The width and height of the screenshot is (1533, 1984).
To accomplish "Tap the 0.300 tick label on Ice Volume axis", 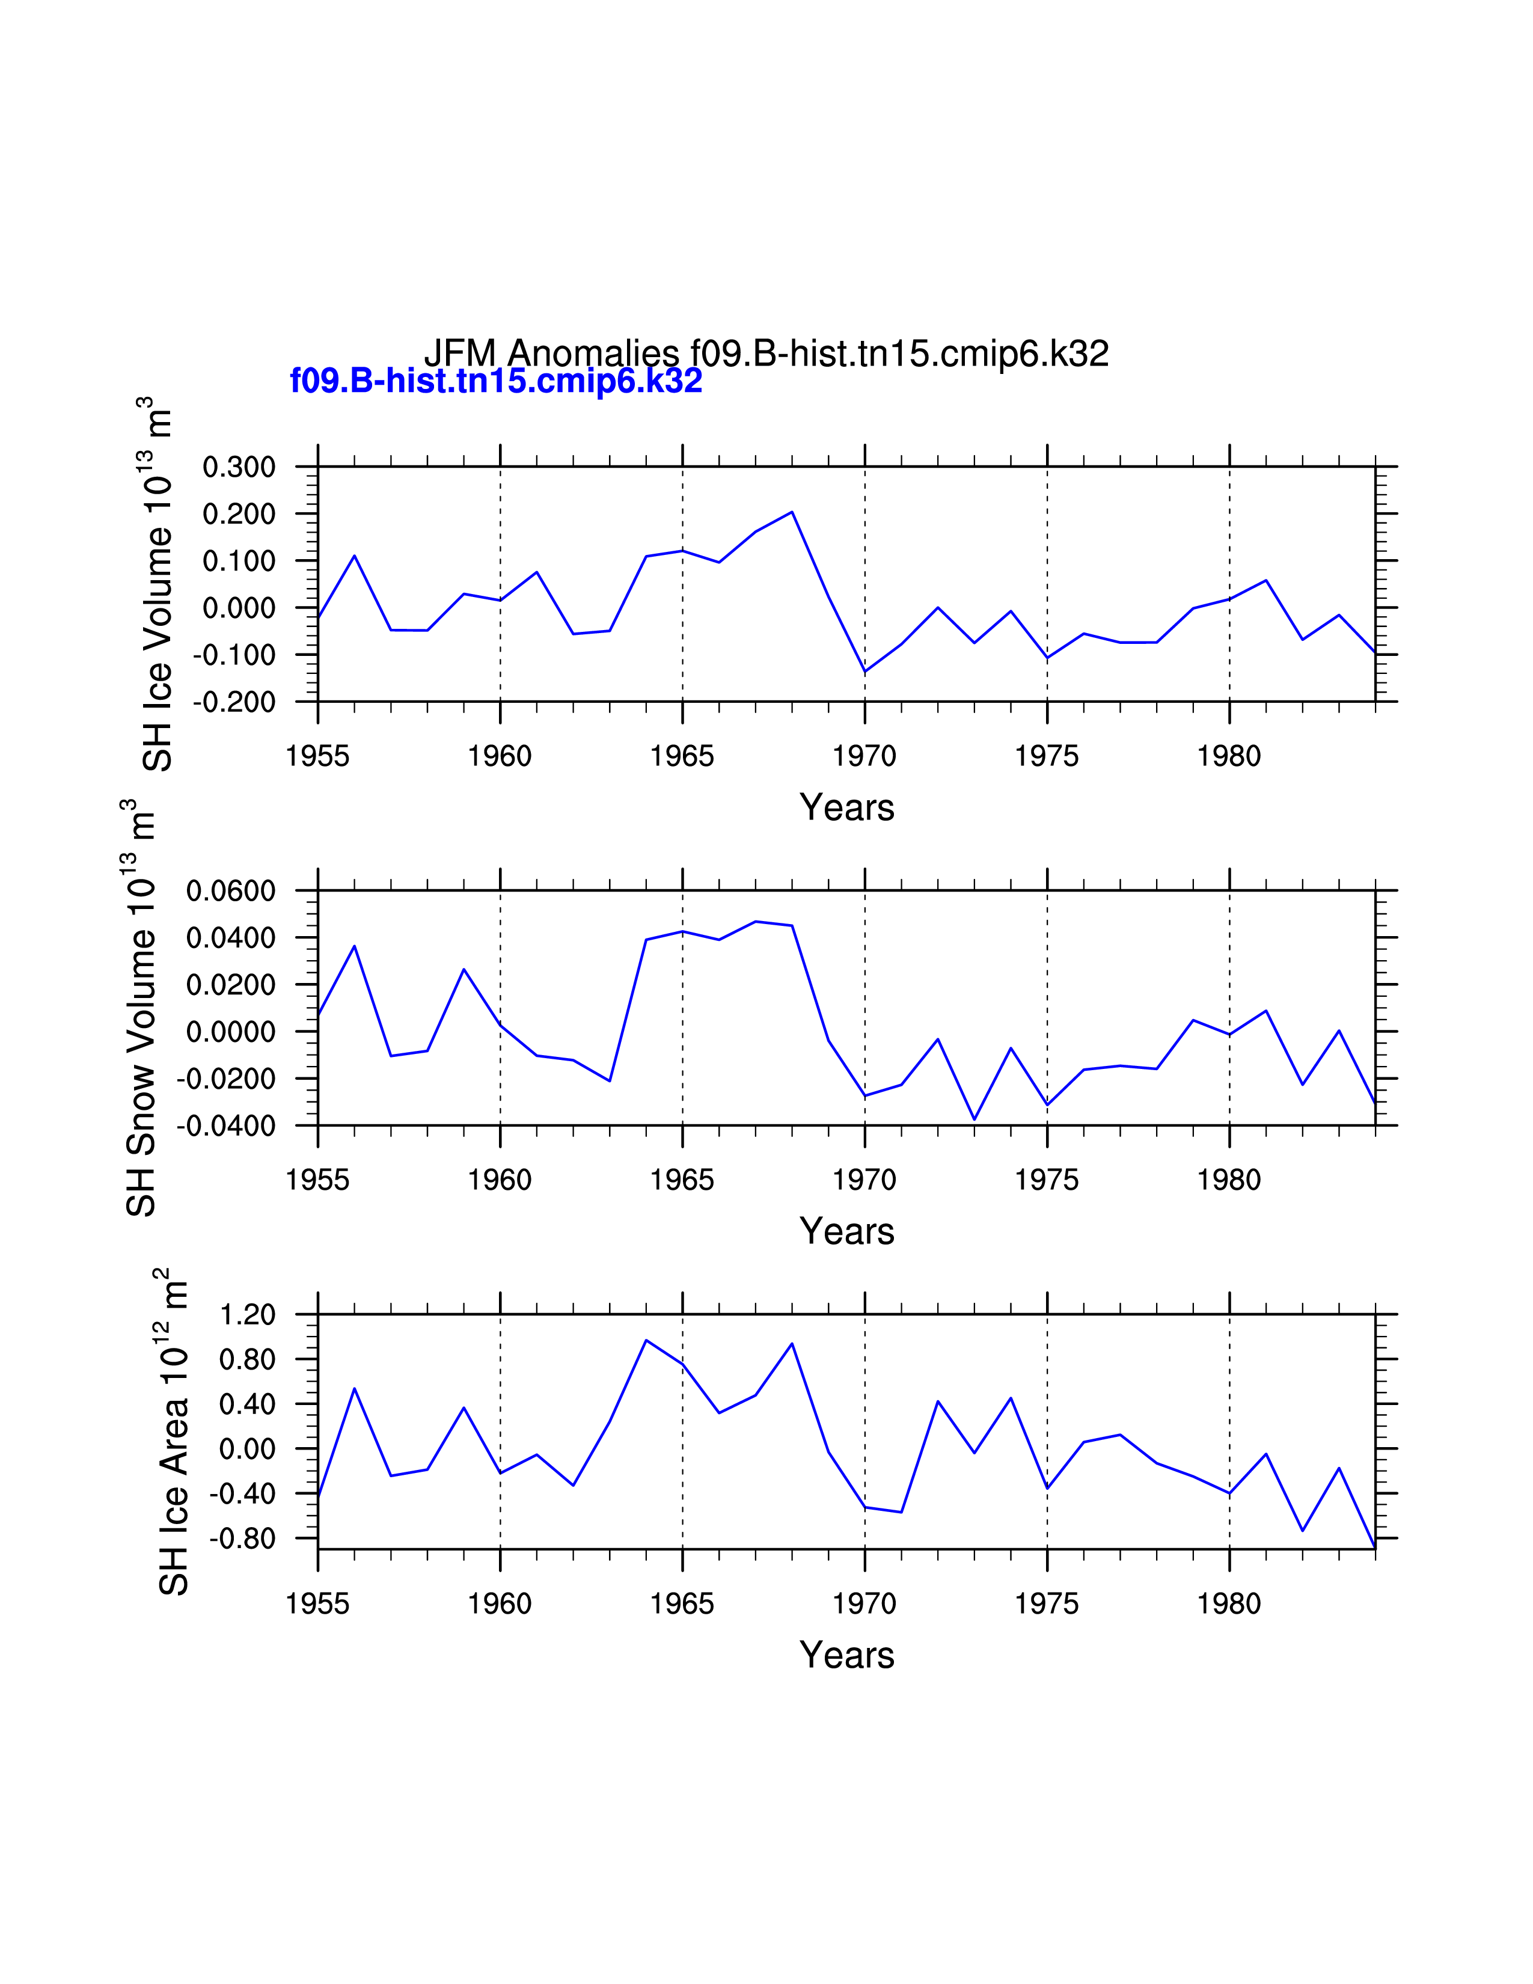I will pos(239,467).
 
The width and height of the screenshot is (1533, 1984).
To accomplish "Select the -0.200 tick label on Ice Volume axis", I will pos(234,702).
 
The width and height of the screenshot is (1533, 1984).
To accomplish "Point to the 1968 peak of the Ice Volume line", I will pos(792,512).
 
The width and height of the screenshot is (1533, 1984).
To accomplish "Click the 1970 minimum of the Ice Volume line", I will pos(864,672).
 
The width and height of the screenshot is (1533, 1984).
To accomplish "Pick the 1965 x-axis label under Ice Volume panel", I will pos(682,756).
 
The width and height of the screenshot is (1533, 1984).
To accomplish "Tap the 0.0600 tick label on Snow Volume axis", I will pos(231,891).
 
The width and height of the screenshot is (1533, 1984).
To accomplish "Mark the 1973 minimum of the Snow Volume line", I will pos(975,1119).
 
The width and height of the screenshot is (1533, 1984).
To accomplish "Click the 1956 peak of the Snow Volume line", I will pos(354,946).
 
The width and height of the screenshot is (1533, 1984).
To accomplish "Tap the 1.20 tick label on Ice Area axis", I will pos(247,1314).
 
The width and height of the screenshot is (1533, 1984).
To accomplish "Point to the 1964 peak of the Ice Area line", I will pos(646,1340).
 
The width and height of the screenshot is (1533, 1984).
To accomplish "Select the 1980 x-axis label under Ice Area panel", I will pos(1229,1604).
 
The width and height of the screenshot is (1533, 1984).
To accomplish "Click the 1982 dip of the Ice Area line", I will pos(1302,1531).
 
